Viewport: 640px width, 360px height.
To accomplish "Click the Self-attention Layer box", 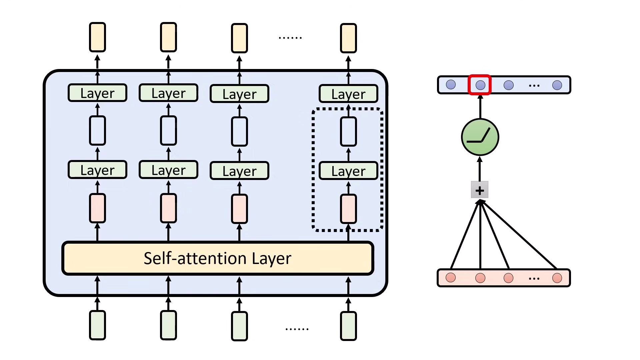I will tap(218, 258).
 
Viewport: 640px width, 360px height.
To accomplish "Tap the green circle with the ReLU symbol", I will tap(480, 137).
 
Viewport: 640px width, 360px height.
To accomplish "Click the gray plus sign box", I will tap(480, 190).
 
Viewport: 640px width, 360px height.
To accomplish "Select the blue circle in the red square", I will tap(480, 85).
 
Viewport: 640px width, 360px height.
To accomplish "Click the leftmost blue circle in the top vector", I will tap(451, 85).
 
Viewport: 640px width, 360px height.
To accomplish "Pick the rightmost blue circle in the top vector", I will tap(557, 85).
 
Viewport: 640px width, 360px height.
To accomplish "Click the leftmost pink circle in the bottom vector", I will tap(451, 278).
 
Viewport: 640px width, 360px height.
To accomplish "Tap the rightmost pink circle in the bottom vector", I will tap(557, 278).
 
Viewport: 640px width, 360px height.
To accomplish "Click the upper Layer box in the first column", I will tap(97, 93).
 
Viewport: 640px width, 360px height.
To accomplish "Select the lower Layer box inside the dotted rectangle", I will tap(348, 171).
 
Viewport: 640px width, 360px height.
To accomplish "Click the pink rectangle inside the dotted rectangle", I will tap(348, 209).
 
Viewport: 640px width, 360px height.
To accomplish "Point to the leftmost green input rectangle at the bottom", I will tap(97, 325).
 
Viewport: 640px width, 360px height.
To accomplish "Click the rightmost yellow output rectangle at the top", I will tap(348, 38).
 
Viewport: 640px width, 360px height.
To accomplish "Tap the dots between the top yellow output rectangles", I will tap(290, 38).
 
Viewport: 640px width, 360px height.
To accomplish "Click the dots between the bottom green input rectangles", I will tap(297, 329).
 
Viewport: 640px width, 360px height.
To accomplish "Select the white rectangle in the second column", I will tap(168, 130).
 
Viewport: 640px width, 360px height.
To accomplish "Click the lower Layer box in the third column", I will tap(239, 171).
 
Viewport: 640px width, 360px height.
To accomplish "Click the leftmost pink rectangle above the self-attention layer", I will tap(97, 208).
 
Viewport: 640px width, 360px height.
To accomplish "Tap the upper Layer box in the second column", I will tap(168, 93).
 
